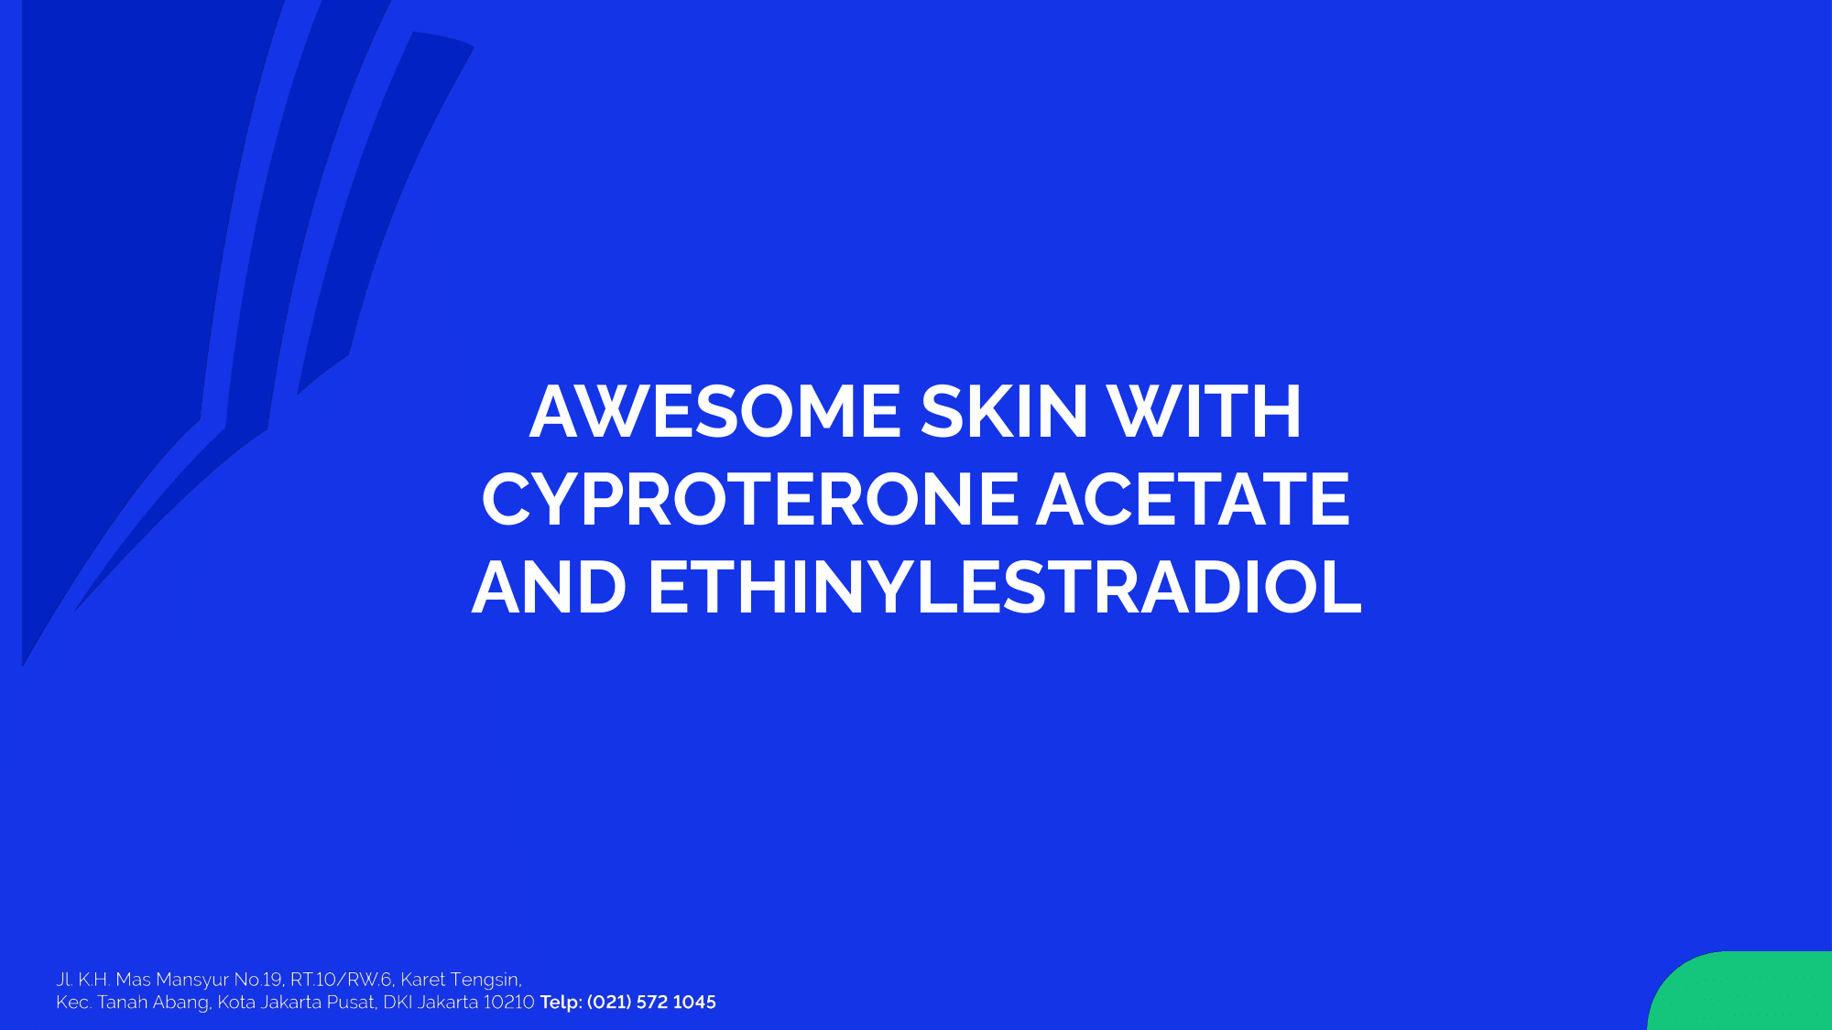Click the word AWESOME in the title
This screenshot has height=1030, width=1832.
[715, 411]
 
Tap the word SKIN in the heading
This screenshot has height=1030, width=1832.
[1004, 411]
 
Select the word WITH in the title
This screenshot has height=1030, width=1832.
[1204, 411]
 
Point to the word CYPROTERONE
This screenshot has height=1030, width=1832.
[750, 500]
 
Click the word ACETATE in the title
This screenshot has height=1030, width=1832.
[1194, 500]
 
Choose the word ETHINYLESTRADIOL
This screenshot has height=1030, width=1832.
[1005, 588]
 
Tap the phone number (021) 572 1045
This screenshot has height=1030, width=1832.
[651, 1003]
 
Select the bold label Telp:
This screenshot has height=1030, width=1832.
[561, 1003]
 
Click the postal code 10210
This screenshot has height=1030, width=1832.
[508, 1003]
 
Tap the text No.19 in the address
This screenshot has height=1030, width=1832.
[259, 980]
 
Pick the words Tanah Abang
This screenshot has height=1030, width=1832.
[154, 1003]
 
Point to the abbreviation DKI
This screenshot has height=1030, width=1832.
[398, 1003]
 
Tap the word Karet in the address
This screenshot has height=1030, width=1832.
[422, 980]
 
